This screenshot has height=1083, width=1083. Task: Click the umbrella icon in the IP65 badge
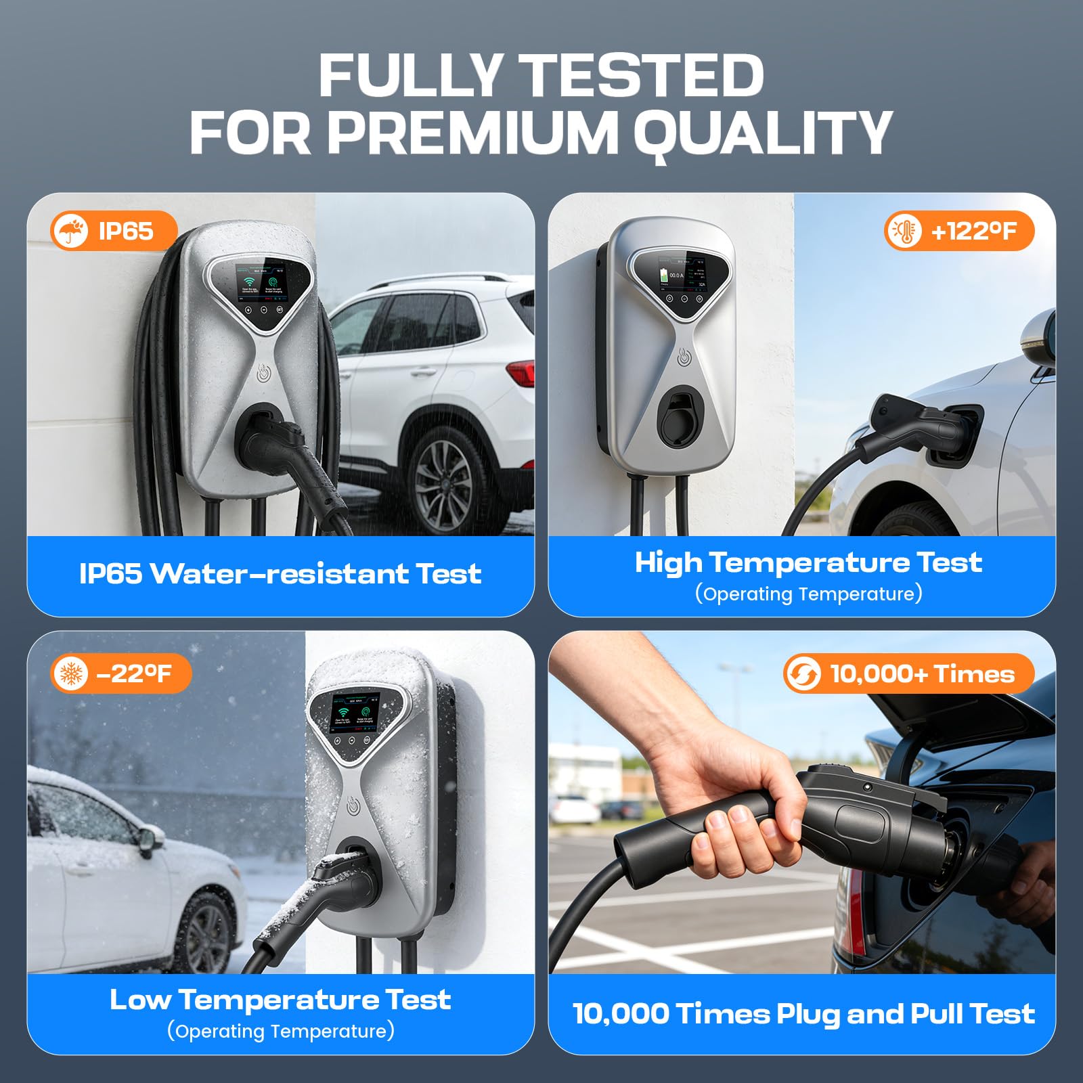(70, 231)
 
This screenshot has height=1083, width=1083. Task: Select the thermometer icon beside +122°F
(904, 231)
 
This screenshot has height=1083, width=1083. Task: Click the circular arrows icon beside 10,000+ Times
(803, 674)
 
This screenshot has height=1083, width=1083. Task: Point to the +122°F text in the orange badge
(973, 231)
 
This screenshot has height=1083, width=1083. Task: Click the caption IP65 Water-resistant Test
(280, 574)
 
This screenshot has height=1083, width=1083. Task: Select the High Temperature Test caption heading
(808, 562)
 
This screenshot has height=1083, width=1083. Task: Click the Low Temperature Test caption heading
(280, 1000)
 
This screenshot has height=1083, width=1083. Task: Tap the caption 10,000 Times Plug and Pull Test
(803, 1014)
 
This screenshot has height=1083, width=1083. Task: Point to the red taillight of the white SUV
(521, 373)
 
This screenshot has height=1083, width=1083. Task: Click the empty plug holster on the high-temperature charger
(680, 418)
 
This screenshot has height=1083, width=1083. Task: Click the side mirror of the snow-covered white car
(150, 840)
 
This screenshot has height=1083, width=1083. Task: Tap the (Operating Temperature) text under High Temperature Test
(808, 594)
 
